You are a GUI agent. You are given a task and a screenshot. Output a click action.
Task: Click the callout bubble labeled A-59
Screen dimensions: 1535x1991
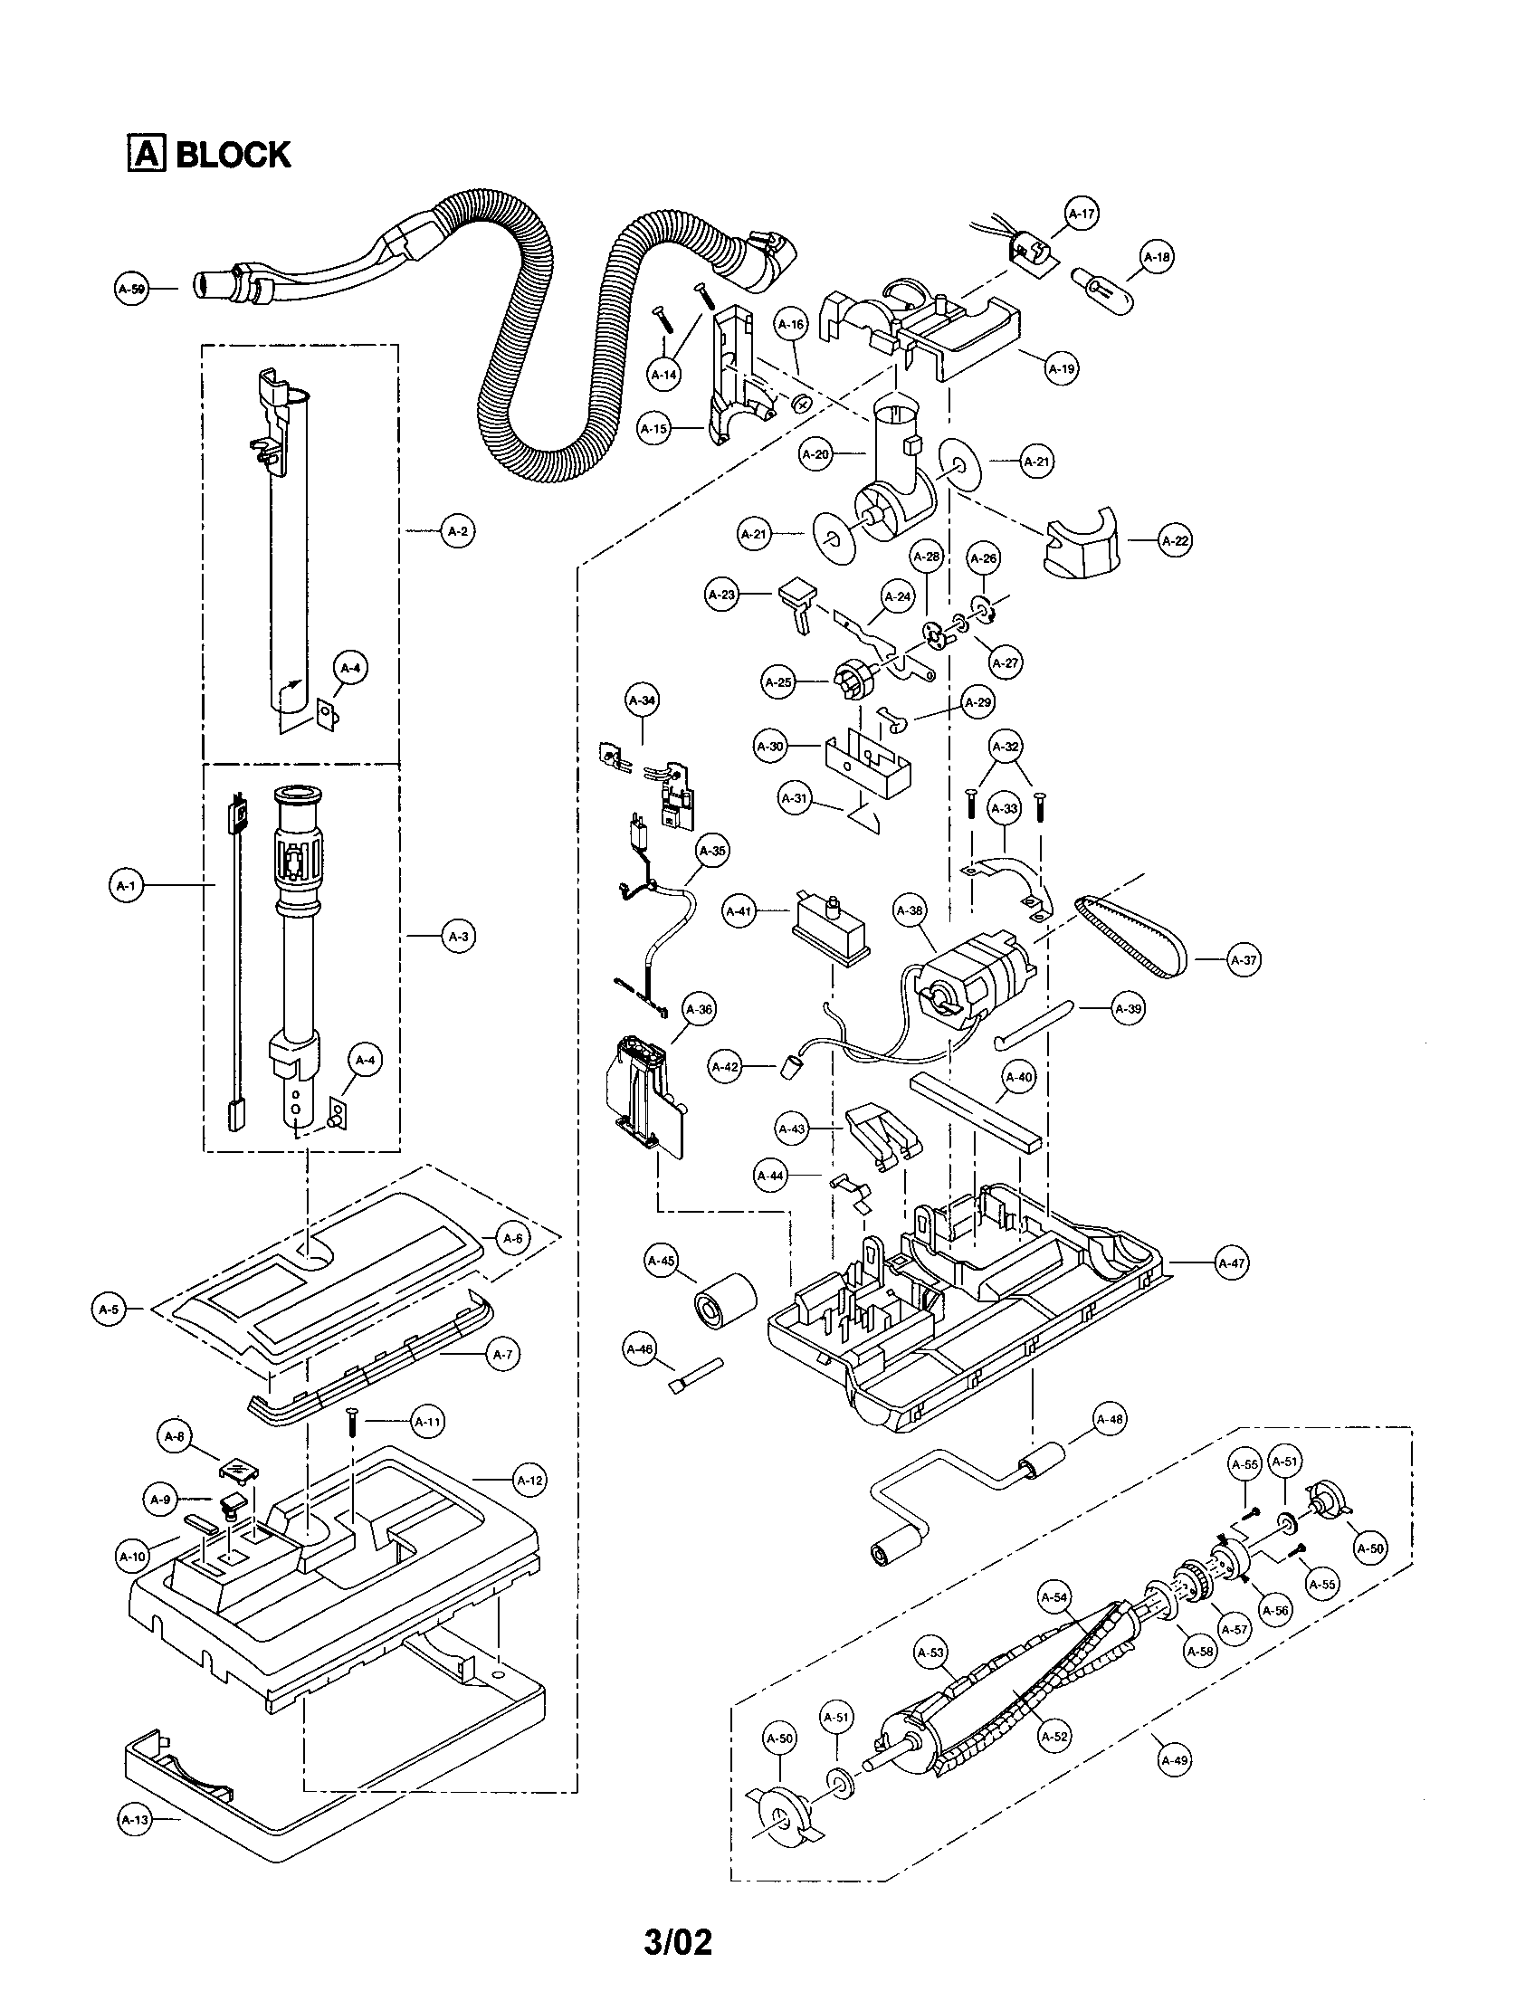131,289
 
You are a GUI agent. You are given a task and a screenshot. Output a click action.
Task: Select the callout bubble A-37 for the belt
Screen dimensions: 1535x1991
1244,960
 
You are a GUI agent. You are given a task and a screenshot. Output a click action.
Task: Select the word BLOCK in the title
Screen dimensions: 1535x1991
233,155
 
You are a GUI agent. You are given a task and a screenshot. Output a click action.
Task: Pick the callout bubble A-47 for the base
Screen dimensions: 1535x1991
1233,1263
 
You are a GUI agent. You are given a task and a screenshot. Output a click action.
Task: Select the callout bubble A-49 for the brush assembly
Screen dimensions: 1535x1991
1174,1760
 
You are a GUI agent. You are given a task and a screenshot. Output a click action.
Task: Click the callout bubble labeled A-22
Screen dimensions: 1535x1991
1176,540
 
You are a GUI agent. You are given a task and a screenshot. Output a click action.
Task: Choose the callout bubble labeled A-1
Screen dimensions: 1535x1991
126,885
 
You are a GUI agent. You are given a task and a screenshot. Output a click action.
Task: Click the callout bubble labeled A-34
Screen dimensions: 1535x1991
643,701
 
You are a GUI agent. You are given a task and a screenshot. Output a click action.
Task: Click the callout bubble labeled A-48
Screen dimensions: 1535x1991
1110,1419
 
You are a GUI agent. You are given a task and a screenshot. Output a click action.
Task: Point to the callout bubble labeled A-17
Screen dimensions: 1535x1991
1081,214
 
